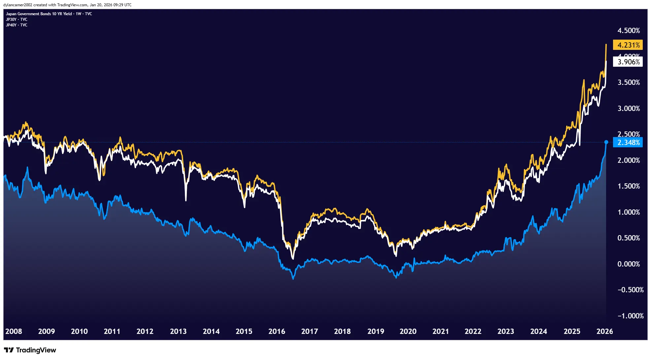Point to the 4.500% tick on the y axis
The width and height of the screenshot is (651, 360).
pyautogui.click(x=629, y=30)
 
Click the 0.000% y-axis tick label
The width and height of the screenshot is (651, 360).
pyautogui.click(x=629, y=264)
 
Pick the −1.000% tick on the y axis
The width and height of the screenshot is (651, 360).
pyautogui.click(x=630, y=316)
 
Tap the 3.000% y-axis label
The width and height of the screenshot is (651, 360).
pyautogui.click(x=629, y=108)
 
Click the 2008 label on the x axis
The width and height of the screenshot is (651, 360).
pyautogui.click(x=14, y=331)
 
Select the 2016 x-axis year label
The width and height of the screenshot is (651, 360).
pyautogui.click(x=277, y=331)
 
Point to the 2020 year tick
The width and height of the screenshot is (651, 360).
pyautogui.click(x=408, y=331)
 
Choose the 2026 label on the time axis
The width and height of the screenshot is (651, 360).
pyautogui.click(x=604, y=331)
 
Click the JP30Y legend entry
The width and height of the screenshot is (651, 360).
pyautogui.click(x=17, y=19)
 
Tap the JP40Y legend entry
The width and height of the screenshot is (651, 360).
pyautogui.click(x=17, y=25)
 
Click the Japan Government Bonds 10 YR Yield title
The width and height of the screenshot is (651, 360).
pyautogui.click(x=39, y=14)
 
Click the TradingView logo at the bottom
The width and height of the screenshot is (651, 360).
pyautogui.click(x=30, y=350)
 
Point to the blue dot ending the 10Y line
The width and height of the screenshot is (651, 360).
pyautogui.click(x=606, y=142)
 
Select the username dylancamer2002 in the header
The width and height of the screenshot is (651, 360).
pyautogui.click(x=18, y=5)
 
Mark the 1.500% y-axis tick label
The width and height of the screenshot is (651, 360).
pyautogui.click(x=629, y=186)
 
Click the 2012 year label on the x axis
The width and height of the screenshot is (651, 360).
pyautogui.click(x=145, y=331)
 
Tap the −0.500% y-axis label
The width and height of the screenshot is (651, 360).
pyautogui.click(x=630, y=290)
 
